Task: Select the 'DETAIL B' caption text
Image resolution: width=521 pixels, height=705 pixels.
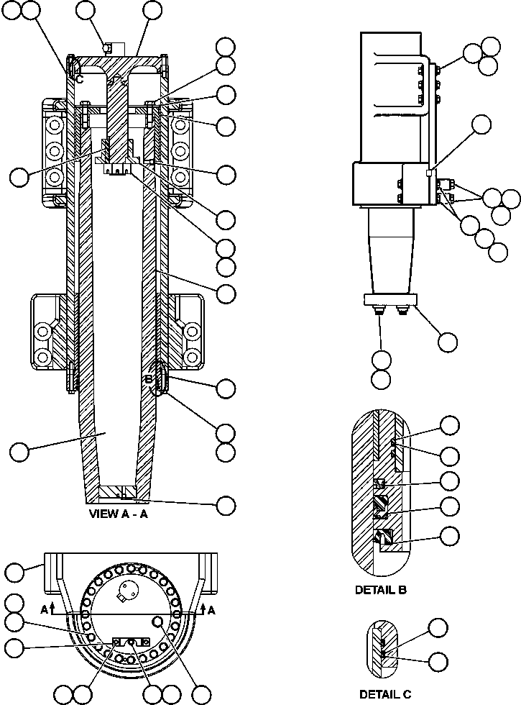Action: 381,590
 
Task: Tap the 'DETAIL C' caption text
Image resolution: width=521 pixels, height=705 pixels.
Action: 385,694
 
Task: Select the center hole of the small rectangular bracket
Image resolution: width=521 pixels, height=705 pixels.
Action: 130,640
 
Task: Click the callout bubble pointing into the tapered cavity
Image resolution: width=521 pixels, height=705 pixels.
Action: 20,452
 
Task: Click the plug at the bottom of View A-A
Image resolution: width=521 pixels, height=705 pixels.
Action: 123,493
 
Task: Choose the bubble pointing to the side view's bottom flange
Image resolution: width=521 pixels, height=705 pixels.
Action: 447,341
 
